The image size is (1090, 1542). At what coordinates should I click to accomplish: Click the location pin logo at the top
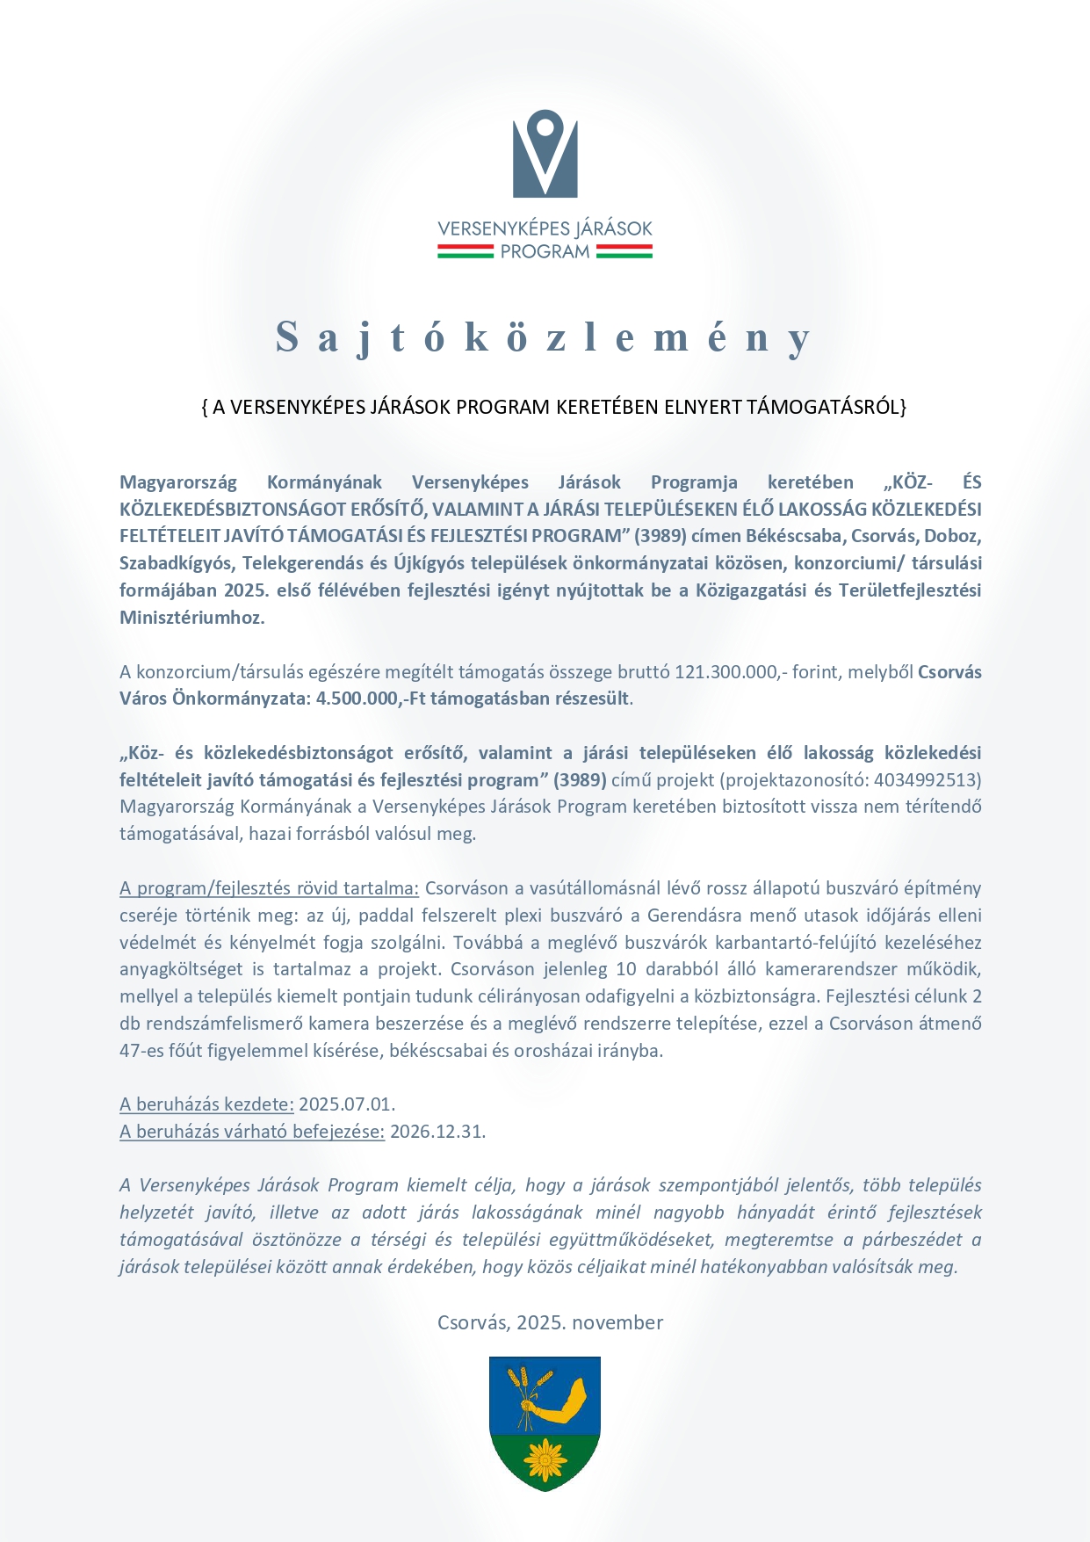coord(545,153)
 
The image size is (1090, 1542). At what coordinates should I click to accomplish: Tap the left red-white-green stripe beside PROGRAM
coord(466,251)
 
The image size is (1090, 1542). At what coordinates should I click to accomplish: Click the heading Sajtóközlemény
coord(545,337)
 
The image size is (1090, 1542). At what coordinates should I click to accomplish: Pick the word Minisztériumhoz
coord(191,618)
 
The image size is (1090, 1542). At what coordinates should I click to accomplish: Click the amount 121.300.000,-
coord(730,672)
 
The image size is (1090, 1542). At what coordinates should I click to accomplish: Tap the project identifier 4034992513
coord(927,780)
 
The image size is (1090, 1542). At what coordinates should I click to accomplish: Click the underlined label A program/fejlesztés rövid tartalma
coord(269,888)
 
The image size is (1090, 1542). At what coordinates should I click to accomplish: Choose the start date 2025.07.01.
coord(347,1104)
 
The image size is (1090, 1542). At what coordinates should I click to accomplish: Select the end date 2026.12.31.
coord(437,1132)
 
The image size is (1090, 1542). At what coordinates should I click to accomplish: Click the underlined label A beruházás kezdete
coord(206,1104)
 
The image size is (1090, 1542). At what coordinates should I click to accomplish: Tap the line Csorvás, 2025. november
coord(550,1322)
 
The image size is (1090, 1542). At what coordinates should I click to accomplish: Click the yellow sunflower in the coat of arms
coord(545,1459)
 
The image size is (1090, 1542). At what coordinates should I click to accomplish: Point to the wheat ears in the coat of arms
coord(530,1386)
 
